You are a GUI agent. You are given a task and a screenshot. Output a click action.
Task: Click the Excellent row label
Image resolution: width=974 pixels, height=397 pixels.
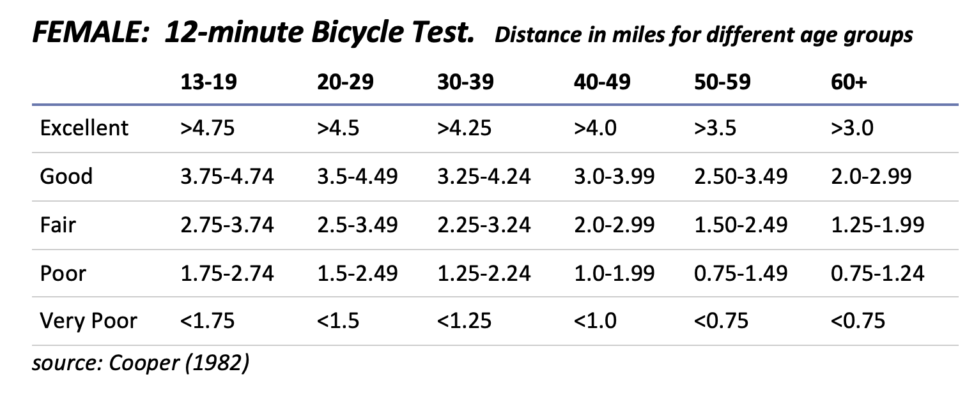coord(84,128)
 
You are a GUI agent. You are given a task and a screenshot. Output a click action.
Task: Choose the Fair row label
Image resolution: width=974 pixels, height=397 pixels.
coord(57,225)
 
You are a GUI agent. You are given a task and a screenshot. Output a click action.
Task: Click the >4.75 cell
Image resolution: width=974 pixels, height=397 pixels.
coord(207,128)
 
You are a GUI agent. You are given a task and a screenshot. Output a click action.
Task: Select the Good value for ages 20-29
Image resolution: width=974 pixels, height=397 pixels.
coord(357,176)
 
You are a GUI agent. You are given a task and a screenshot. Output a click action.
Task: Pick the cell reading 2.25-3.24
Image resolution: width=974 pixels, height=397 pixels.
coord(484,225)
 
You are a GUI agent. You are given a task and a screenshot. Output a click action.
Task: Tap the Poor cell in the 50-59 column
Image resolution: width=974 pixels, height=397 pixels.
coord(741,273)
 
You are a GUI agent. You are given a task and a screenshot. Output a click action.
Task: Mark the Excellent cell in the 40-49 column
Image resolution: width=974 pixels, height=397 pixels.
coord(595,128)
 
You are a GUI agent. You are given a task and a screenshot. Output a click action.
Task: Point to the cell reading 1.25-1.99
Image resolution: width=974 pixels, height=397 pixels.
coord(877,225)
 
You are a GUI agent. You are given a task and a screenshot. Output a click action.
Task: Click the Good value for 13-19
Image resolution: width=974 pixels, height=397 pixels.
coord(227,176)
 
